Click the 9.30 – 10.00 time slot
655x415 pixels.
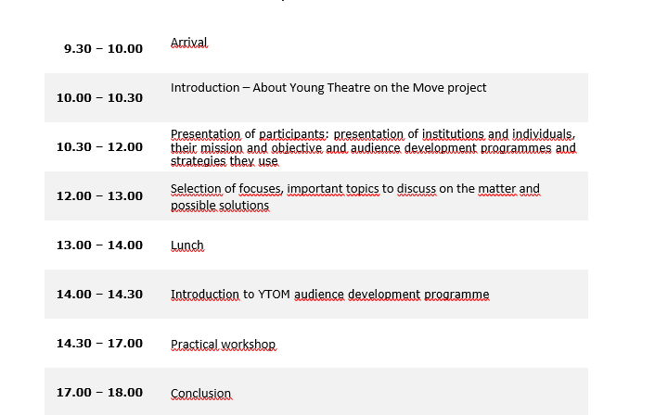pos(103,49)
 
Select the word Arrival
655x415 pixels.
pos(189,43)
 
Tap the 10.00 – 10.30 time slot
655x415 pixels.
pos(99,98)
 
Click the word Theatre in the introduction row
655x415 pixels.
pos(349,88)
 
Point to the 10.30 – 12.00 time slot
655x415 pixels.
pos(99,147)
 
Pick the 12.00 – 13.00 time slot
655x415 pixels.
pos(99,196)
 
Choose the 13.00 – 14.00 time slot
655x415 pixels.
pos(99,245)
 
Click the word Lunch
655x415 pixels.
pos(187,245)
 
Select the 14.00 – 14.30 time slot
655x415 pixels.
pos(99,295)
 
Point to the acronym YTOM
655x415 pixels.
pos(274,295)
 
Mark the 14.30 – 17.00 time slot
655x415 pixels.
pos(99,344)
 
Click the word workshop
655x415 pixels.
pos(249,345)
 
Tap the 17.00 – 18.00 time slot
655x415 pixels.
pos(99,393)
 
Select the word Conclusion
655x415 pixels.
pos(201,394)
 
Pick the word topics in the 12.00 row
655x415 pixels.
pos(361,189)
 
